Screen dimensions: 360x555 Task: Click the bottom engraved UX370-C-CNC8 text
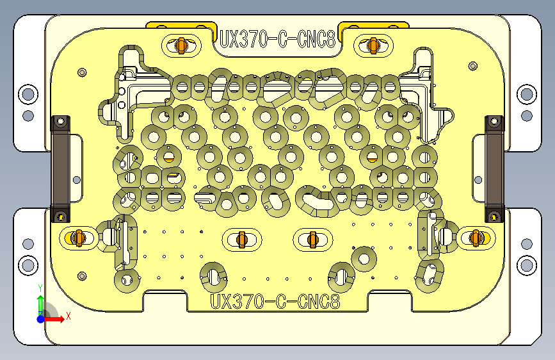tap(275, 301)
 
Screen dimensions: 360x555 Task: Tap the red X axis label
tap(68, 316)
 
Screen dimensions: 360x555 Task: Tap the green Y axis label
tap(40, 288)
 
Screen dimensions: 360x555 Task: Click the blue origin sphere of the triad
tap(41, 318)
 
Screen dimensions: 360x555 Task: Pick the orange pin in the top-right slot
tap(374, 45)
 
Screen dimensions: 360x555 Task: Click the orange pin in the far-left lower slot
tap(79, 238)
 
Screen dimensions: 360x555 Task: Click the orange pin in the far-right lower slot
tap(476, 238)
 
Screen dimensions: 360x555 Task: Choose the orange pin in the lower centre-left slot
tap(242, 239)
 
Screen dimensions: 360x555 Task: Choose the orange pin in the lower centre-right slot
tap(313, 239)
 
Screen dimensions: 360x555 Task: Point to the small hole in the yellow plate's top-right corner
tap(473, 66)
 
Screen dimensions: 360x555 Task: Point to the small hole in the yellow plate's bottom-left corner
tap(82, 276)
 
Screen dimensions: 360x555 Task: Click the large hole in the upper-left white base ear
tap(28, 94)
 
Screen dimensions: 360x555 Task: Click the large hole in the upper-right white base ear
tap(526, 94)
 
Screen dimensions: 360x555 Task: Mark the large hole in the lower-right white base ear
tap(526, 265)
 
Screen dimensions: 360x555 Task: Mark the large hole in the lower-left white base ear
tap(28, 265)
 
